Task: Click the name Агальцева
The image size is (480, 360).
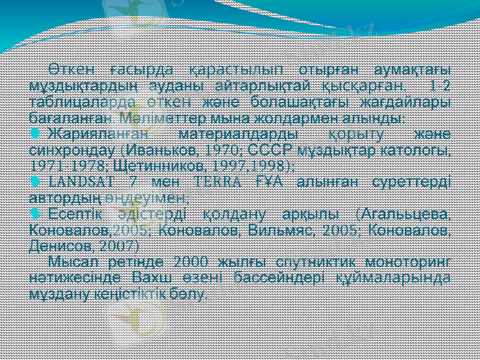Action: (408, 214)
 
